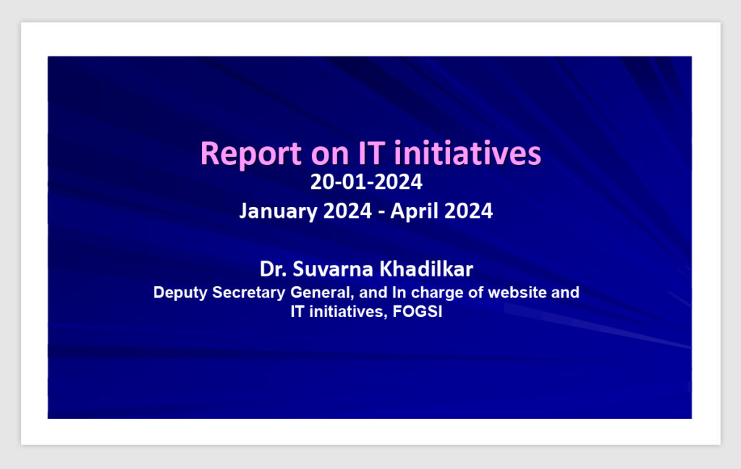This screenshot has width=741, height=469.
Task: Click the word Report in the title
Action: coord(251,153)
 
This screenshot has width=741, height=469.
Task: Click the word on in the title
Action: coord(329,156)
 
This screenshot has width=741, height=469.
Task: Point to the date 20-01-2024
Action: coord(366,182)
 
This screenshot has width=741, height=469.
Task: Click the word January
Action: coord(278,211)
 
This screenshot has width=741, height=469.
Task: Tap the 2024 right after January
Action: coord(347,211)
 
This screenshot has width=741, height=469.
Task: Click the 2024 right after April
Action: coord(468,211)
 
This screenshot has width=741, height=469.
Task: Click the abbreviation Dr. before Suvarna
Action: coord(273,269)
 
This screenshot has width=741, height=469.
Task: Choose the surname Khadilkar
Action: coord(427,269)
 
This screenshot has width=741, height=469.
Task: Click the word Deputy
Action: coord(180,292)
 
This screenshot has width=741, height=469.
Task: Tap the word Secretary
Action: coord(249,292)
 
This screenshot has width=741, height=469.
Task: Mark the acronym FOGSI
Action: coord(418,311)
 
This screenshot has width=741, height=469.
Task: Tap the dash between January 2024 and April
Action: coord(381,212)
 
